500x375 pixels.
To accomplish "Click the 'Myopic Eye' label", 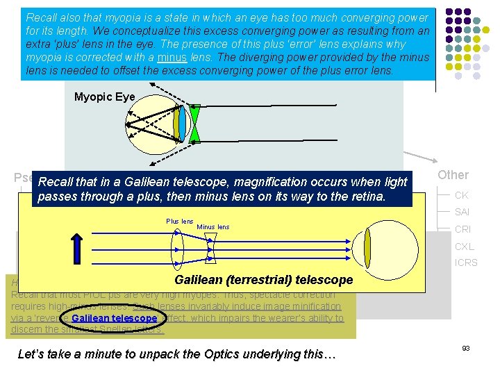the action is point(104,97).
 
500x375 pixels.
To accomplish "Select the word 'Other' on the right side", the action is point(453,175).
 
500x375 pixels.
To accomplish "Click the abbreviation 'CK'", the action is point(461,196).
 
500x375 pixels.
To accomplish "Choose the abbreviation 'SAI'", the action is point(462,212).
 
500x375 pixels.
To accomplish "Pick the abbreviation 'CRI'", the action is point(462,229).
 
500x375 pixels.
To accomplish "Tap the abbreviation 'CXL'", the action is point(463,247).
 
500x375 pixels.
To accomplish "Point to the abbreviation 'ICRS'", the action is point(465,263).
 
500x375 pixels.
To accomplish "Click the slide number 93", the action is point(465,348).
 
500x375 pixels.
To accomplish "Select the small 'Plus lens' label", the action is point(179,222).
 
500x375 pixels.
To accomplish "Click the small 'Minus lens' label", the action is point(212,227).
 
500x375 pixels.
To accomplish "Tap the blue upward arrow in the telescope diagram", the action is point(76,250).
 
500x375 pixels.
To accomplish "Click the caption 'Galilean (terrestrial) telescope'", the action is point(263,281).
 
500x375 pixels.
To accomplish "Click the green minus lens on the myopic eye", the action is point(195,124).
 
